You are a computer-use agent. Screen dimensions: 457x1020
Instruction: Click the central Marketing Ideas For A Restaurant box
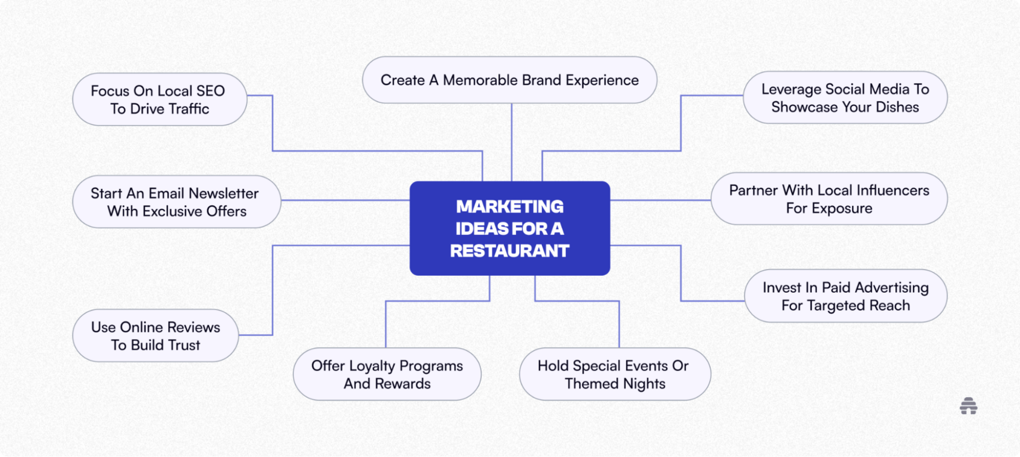tap(509, 228)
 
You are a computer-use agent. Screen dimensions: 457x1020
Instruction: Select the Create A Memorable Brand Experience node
tap(509, 80)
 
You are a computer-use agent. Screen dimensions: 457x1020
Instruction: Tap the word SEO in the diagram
tap(210, 91)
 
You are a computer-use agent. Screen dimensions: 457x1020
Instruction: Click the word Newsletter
tap(223, 193)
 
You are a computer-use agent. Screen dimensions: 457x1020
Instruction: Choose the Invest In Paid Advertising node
tap(845, 296)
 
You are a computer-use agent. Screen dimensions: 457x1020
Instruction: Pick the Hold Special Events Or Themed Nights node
tap(615, 374)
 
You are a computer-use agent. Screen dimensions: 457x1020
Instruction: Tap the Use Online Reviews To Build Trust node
tap(155, 336)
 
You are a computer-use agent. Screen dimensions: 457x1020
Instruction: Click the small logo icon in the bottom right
tap(968, 406)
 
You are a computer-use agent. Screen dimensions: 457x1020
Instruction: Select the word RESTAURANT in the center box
tap(509, 251)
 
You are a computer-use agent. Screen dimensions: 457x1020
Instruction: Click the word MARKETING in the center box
tap(509, 206)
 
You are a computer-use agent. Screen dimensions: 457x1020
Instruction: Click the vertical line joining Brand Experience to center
tap(512, 142)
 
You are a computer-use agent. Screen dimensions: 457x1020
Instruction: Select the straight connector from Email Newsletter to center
tap(345, 200)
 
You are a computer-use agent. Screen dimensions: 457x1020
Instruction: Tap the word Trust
tap(184, 345)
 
